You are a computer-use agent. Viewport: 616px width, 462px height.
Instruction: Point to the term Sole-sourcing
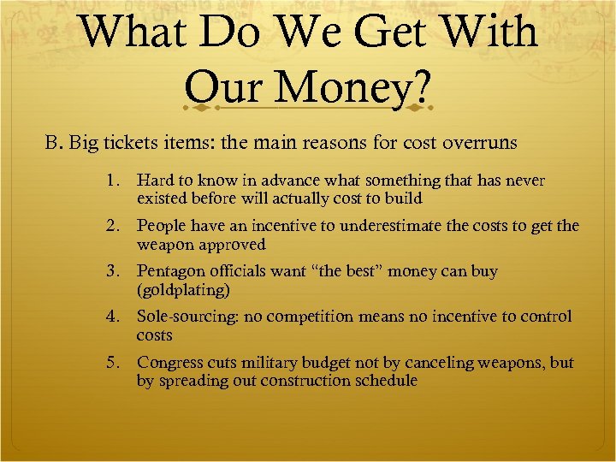pos(187,317)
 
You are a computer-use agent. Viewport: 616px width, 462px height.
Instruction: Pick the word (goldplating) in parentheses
pos(183,291)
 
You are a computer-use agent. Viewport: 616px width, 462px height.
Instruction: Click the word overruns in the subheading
pos(480,143)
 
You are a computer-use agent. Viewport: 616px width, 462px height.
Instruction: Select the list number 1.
pos(113,181)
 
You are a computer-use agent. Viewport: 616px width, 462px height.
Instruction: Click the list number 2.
pos(113,227)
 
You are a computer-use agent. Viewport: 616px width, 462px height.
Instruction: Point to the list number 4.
pos(113,317)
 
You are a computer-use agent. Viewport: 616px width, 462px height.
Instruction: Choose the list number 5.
pos(113,363)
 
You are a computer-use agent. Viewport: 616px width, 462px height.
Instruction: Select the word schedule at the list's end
pos(382,381)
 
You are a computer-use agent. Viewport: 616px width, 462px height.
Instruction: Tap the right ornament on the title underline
pos(416,109)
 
